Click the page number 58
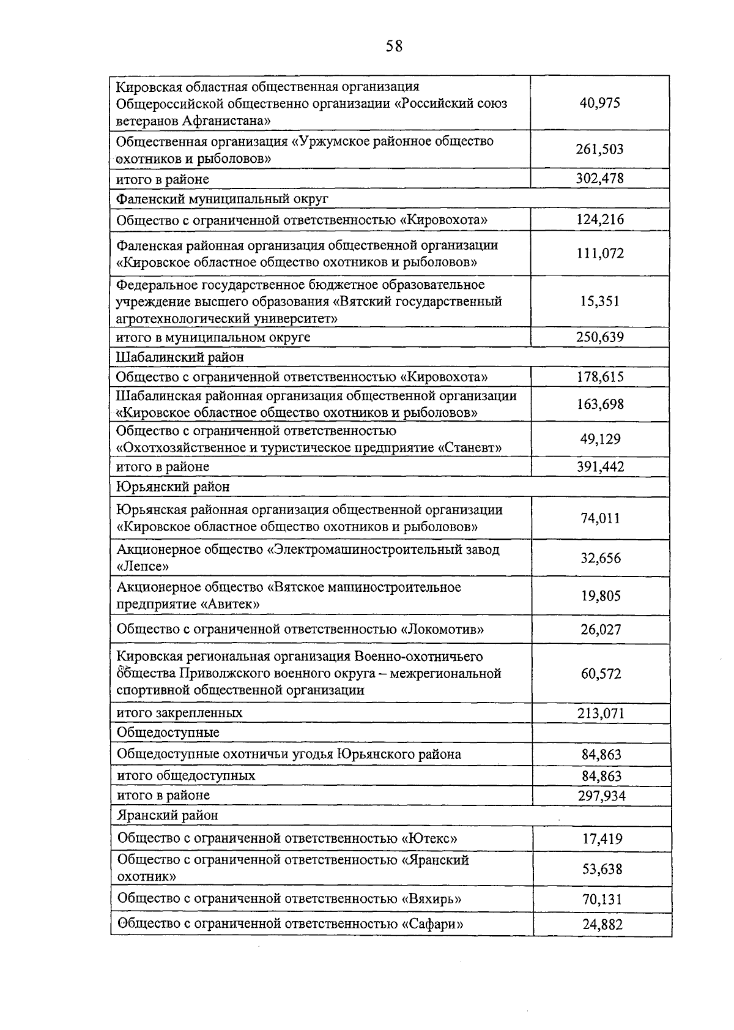(395, 46)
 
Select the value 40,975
(599, 103)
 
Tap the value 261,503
(599, 149)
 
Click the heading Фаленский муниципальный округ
(223, 199)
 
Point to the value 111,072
(599, 253)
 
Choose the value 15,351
(599, 301)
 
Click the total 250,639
(599, 337)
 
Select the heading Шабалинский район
(180, 357)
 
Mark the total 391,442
(600, 467)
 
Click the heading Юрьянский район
(174, 487)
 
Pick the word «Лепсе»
(143, 567)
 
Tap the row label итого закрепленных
(180, 713)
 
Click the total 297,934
(601, 796)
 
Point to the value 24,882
(602, 925)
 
